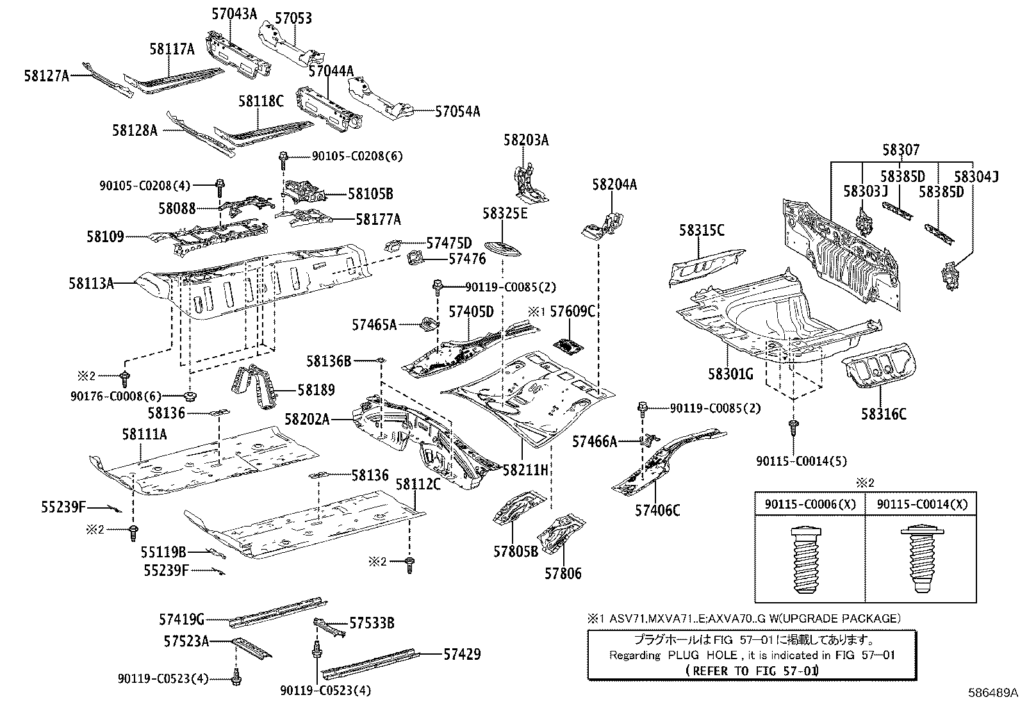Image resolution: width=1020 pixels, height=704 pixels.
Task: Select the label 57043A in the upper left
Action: pos(234,13)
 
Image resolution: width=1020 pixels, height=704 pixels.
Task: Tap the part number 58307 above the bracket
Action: pos(900,150)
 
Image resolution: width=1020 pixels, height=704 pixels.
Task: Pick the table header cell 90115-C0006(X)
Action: pos(810,504)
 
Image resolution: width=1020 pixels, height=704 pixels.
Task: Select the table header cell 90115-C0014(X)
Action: pos(921,504)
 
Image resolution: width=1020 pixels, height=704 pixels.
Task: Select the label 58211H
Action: pos(525,470)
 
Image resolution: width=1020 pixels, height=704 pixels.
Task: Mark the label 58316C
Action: pos(884,414)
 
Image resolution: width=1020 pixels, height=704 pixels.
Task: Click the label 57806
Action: pos(563,573)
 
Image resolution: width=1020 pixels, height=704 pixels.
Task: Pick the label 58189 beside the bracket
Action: pos(315,389)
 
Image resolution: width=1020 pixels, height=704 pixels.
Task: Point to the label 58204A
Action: pos(614,184)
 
